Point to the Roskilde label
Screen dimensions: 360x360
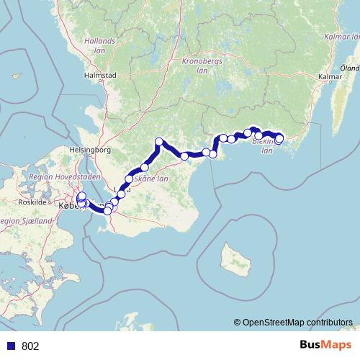click(32, 202)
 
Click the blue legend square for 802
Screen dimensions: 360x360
click(12, 346)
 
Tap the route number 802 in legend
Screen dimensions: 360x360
click(31, 346)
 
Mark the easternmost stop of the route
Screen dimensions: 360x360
click(279, 139)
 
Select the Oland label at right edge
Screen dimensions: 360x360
click(351, 68)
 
